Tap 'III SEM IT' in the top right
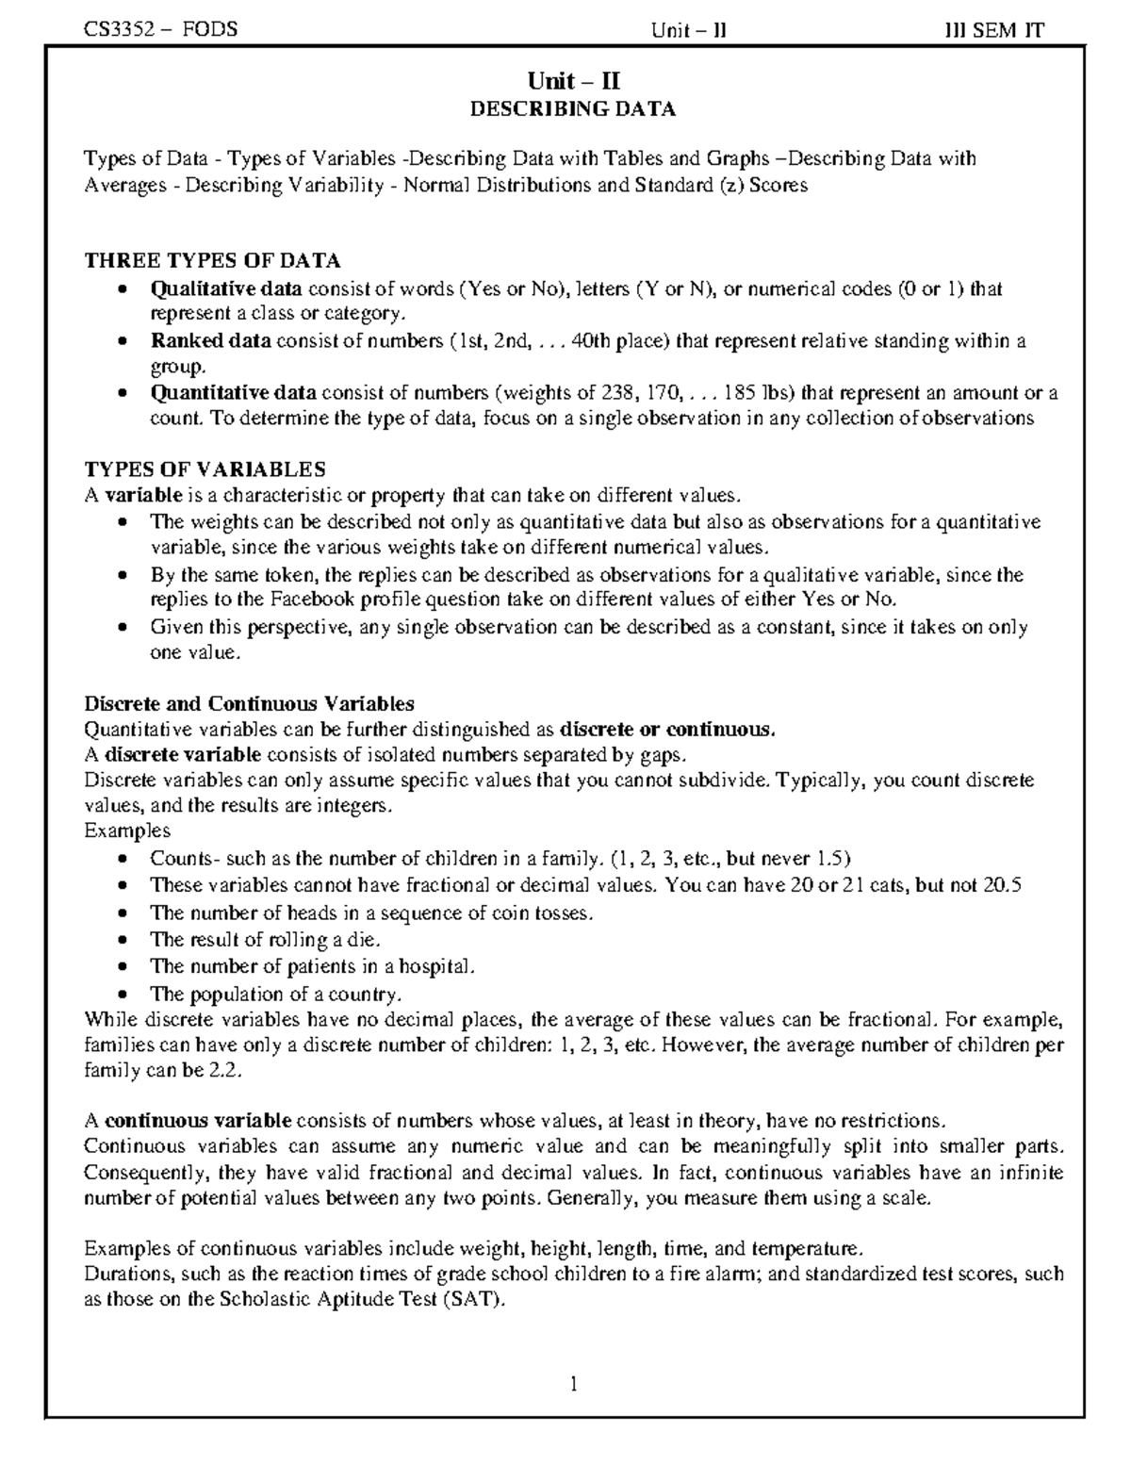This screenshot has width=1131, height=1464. click(994, 30)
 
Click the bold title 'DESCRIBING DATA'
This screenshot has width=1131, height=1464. click(573, 108)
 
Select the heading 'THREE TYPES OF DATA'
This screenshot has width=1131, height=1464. click(213, 260)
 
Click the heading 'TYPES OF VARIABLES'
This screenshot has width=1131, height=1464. click(205, 469)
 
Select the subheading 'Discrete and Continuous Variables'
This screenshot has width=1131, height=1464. click(250, 703)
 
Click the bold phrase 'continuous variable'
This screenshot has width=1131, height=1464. click(198, 1121)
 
